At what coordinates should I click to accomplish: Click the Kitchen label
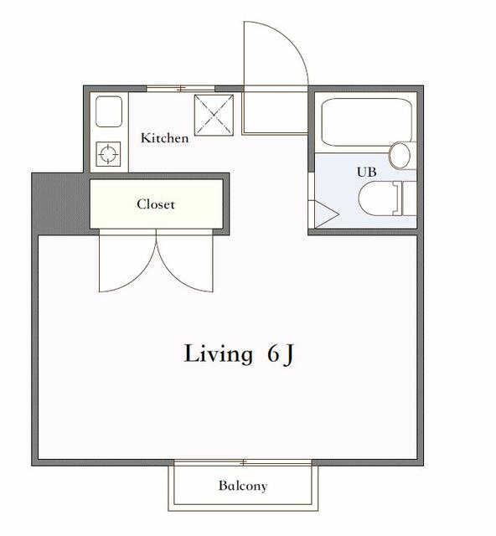point(164,138)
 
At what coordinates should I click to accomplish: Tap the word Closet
point(156,204)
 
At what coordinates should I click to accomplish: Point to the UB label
point(367,172)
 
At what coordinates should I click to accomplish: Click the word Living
point(218,354)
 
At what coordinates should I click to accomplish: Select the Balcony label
point(243,486)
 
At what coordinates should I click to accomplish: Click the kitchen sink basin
point(109,111)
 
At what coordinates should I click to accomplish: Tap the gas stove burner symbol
point(108,154)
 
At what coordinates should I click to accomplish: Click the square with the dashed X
point(214,115)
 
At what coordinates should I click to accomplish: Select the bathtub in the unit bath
point(367,122)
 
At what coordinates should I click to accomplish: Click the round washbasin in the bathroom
point(400,156)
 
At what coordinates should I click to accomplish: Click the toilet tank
point(408,198)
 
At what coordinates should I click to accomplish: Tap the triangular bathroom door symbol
point(326,214)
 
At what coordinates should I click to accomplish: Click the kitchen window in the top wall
point(181,89)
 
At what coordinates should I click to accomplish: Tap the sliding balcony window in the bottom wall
point(243,463)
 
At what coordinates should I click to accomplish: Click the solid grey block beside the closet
point(60,204)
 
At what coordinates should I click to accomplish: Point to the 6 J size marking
point(281,354)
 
